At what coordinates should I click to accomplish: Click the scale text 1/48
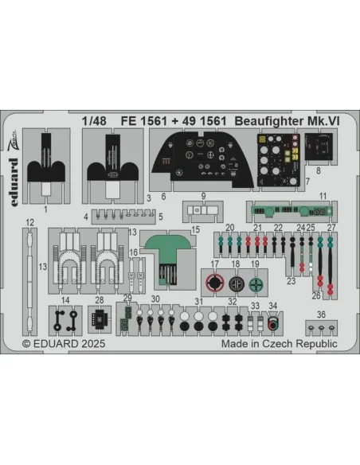click(94, 121)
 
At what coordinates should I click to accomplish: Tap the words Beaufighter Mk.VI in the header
click(287, 121)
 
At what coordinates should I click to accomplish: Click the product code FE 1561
click(144, 121)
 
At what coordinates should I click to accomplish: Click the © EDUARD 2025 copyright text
click(64, 344)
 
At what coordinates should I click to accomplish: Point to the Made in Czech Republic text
click(280, 344)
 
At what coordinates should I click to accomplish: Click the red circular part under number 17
click(215, 283)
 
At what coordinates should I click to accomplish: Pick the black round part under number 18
click(236, 283)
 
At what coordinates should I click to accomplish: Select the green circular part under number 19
click(256, 285)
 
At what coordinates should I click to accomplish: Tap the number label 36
click(321, 315)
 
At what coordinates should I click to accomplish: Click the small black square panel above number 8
click(319, 146)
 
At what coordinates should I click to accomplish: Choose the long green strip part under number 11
click(291, 211)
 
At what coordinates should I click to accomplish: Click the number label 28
click(100, 300)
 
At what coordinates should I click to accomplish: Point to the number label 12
click(30, 222)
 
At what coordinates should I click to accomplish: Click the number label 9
click(203, 196)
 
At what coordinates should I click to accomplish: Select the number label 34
click(273, 306)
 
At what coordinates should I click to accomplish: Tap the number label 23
click(292, 281)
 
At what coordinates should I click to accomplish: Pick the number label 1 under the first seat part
click(45, 209)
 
